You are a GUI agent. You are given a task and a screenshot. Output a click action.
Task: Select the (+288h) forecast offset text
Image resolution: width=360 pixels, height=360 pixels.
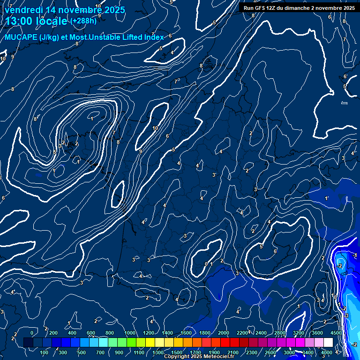tap(83, 21)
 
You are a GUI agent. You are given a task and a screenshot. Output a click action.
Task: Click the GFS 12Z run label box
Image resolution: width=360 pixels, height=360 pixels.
tap(299, 8)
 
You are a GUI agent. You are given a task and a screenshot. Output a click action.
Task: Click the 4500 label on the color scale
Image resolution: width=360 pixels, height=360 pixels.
tap(336, 333)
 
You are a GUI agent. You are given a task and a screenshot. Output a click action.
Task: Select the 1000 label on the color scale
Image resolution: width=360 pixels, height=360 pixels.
tap(129, 333)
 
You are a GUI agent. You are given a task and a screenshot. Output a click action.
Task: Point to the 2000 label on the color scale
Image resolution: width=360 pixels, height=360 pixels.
tap(224, 333)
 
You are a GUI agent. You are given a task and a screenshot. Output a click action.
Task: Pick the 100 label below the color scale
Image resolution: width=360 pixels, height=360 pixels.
tap(44, 352)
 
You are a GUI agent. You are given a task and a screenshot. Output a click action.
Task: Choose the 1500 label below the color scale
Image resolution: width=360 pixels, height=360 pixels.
tap(177, 352)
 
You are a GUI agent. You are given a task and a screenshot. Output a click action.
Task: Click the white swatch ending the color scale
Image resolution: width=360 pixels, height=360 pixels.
tap(328, 343)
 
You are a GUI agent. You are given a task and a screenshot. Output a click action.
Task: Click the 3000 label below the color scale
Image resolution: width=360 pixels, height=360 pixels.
tap(289, 352)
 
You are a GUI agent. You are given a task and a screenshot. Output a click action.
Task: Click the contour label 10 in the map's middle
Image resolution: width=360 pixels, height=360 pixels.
tap(155, 128)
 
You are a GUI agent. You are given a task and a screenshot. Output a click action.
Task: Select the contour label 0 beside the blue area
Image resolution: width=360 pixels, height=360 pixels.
tap(206, 264)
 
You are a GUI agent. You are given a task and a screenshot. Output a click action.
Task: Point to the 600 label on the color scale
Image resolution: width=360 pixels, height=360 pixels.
tap(91, 333)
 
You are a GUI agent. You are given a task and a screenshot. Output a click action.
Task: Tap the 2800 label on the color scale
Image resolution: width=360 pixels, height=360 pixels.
tap(280, 333)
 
